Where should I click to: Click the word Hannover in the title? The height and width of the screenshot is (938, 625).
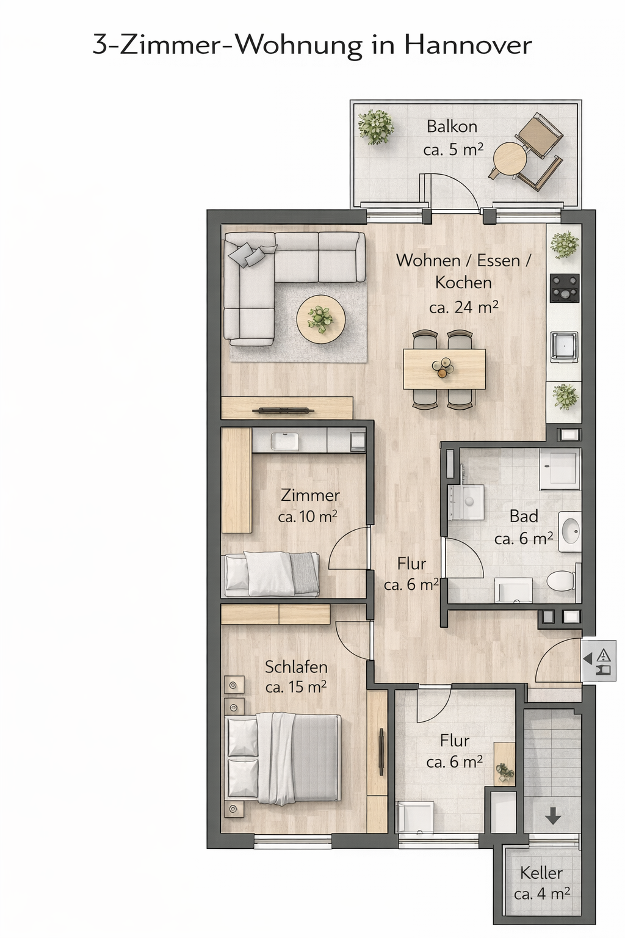point(468,46)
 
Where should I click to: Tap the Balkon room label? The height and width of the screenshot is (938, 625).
point(452,126)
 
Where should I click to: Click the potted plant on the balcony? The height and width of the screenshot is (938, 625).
point(376,126)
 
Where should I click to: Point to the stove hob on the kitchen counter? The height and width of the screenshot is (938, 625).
point(565,288)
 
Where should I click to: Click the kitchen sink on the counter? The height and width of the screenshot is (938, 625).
point(565,347)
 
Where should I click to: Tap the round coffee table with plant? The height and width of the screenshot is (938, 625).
point(320,319)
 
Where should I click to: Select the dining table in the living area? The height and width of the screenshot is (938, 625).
point(444,369)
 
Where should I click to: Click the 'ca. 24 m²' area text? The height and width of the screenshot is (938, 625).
point(464,307)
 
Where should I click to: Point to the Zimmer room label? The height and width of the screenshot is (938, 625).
point(310,495)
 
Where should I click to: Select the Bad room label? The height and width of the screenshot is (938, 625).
point(524,516)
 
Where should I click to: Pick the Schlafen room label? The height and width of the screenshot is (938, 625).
point(296,667)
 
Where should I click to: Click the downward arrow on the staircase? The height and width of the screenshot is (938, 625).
point(553,816)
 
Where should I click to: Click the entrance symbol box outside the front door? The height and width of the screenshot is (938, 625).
point(599,660)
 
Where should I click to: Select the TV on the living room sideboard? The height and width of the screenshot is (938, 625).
point(283,411)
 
